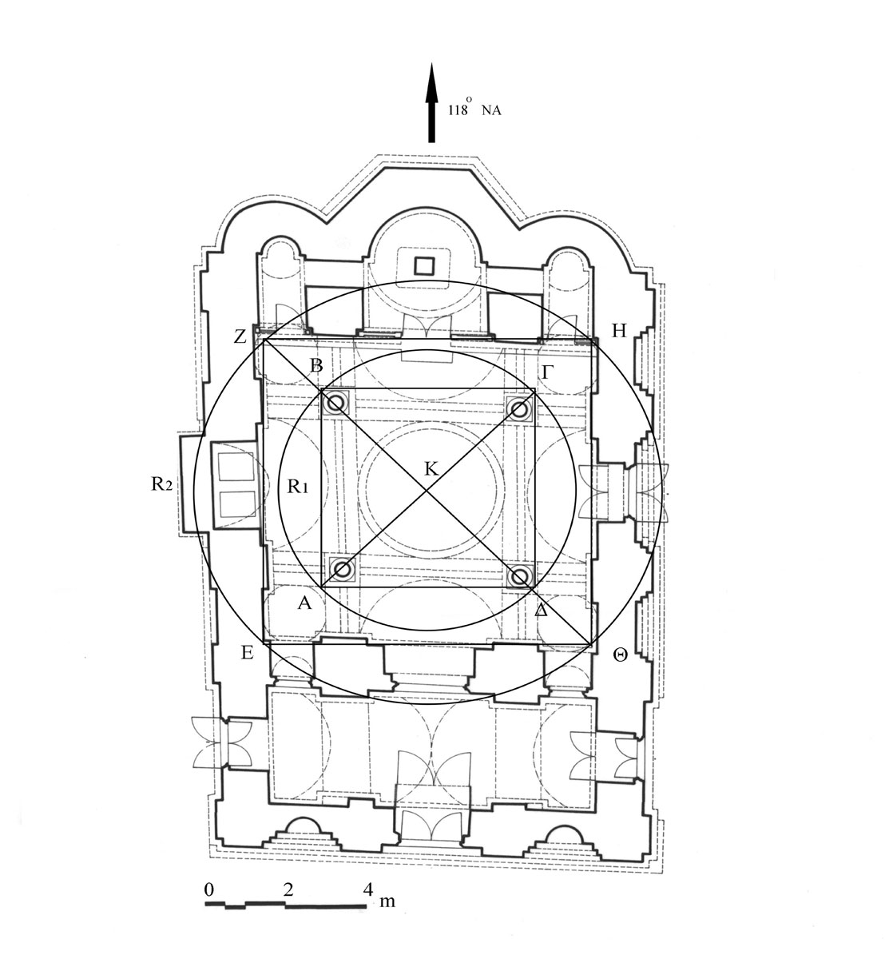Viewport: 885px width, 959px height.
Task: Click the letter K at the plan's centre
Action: pyautogui.click(x=431, y=468)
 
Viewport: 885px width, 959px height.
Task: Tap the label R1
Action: pyautogui.click(x=297, y=487)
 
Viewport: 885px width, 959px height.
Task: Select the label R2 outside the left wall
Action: pyautogui.click(x=161, y=483)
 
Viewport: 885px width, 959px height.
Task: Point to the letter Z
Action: pyautogui.click(x=240, y=336)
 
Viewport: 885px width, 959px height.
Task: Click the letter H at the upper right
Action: pyautogui.click(x=619, y=331)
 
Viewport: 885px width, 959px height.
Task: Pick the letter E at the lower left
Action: pyautogui.click(x=247, y=653)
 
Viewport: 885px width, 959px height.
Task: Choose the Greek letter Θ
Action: pyautogui.click(x=620, y=655)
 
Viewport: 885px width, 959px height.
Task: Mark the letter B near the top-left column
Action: pyautogui.click(x=316, y=365)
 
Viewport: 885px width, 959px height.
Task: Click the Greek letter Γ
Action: pyautogui.click(x=547, y=372)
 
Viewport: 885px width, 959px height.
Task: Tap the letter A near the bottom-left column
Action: pyautogui.click(x=304, y=602)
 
